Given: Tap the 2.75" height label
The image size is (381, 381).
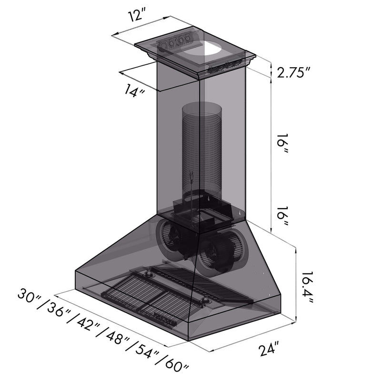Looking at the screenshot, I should pyautogui.click(x=294, y=73).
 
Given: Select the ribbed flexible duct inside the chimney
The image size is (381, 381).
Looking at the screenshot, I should pyautogui.click(x=202, y=148).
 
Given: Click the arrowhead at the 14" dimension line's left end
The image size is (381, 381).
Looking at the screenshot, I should pyautogui.click(x=121, y=73).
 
